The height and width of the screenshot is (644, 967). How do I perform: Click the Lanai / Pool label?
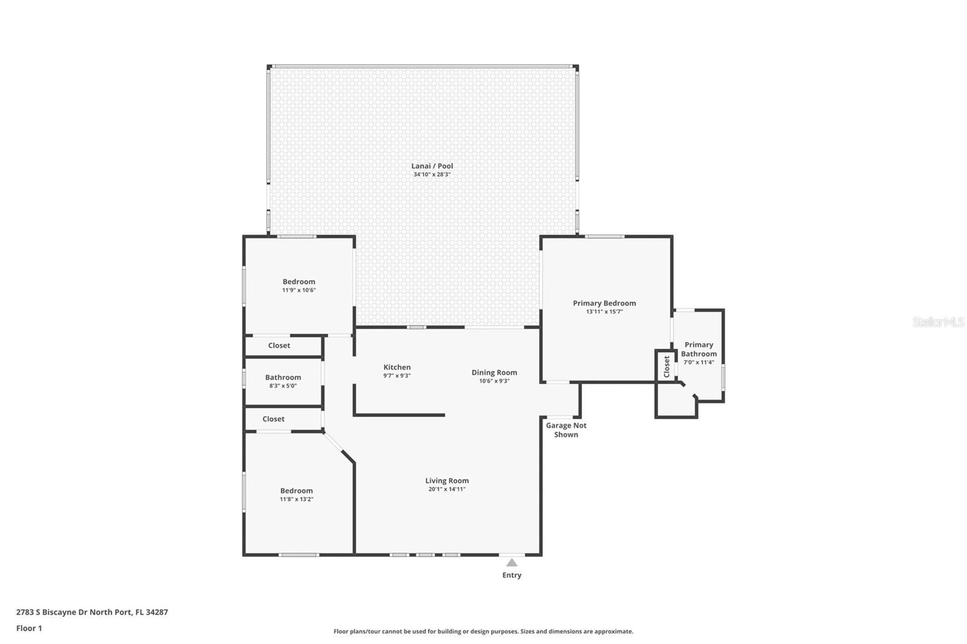coord(432,166)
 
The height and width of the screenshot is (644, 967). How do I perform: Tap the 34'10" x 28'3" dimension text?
coord(432,175)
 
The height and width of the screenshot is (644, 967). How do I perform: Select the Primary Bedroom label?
coord(604,303)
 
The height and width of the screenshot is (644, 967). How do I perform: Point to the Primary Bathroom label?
coord(699,349)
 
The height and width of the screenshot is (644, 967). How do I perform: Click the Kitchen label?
coord(396,367)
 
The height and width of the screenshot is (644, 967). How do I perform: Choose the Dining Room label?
coord(494,373)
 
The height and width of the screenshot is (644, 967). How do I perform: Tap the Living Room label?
coord(447,481)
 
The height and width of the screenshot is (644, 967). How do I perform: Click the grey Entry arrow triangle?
coord(512,562)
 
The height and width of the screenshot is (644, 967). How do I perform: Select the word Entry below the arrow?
coord(511,575)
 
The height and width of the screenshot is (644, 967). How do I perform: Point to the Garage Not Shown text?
coord(566,430)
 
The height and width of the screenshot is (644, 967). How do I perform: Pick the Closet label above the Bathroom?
coord(279,346)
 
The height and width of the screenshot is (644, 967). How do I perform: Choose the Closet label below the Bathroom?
coord(273,419)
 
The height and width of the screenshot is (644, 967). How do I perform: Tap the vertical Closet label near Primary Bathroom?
coord(667,366)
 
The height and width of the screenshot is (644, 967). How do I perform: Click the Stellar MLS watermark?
coord(938,323)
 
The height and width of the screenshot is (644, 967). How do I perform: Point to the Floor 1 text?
coord(29,628)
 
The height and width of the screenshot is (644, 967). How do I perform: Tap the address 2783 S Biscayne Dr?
coord(92,612)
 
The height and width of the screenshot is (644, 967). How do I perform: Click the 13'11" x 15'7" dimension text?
coord(604,312)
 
